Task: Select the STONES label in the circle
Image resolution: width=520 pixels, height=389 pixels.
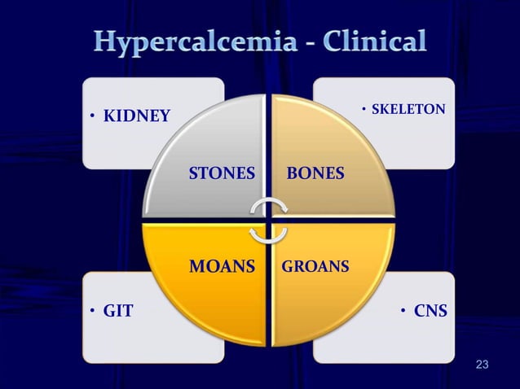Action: point(222,173)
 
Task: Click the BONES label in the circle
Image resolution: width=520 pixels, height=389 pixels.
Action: point(315,173)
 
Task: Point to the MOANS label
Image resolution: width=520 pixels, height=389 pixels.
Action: point(222,266)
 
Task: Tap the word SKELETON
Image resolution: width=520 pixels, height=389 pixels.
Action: point(408,108)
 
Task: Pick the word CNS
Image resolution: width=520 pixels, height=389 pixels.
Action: point(430,310)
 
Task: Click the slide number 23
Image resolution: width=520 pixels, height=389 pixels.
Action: point(482,363)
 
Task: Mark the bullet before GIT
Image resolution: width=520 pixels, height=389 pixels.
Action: point(94,311)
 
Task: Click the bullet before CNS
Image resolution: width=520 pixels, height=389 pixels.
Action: point(403,311)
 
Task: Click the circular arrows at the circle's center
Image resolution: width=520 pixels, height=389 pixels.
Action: point(268,221)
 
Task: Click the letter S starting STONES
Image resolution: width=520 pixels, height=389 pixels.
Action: point(194,173)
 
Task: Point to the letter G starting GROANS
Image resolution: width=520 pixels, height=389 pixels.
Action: point(286,266)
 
